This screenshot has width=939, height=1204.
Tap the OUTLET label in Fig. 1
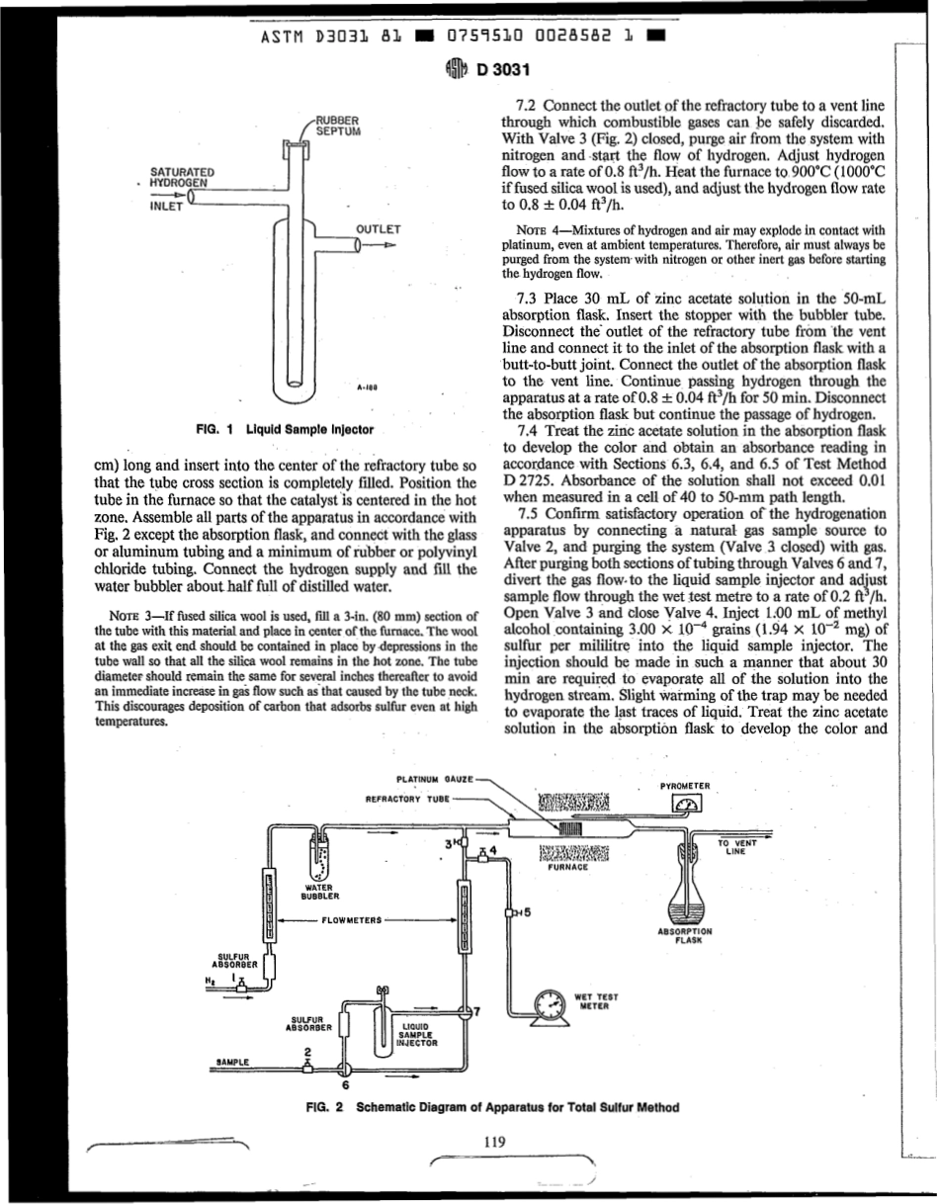[377, 229]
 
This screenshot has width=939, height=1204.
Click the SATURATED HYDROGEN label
[178, 177]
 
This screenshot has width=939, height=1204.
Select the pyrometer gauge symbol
[685, 805]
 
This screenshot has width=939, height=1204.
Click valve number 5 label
[529, 912]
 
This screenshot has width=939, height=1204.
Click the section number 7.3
[529, 298]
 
